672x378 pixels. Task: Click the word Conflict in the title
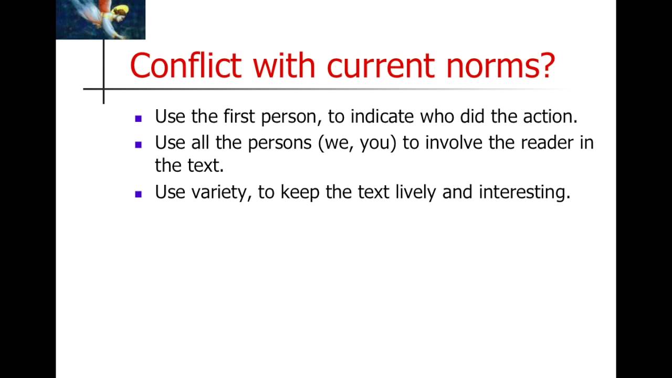pos(185,66)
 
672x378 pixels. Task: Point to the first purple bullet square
pos(139,119)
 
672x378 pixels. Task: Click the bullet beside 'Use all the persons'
pos(139,144)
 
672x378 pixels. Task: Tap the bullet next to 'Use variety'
pos(139,194)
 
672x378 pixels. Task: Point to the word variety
pos(221,193)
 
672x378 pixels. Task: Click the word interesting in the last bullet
pos(524,193)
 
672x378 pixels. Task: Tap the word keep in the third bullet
pos(300,193)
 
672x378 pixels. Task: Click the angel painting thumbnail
pos(100,19)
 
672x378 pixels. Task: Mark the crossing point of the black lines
pos(103,89)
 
